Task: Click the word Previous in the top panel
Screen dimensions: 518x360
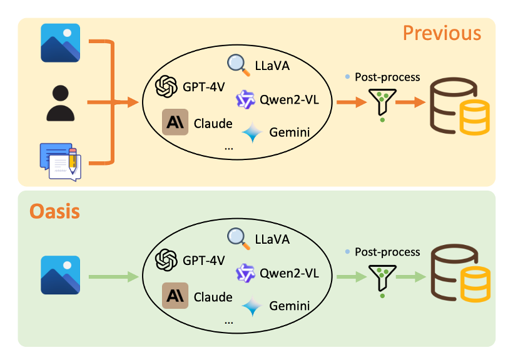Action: click(442, 33)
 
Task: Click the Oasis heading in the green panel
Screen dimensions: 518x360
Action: click(54, 211)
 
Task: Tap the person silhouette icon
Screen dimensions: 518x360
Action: click(61, 103)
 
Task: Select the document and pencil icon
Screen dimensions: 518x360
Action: click(61, 162)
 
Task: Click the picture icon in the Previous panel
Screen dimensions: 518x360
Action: click(61, 43)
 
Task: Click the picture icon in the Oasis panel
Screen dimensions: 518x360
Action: click(61, 275)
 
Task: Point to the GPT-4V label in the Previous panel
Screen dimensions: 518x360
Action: click(203, 87)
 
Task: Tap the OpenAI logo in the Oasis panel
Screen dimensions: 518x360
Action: click(166, 260)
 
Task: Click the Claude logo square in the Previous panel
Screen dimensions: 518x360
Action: click(175, 122)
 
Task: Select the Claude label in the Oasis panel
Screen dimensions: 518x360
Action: click(213, 297)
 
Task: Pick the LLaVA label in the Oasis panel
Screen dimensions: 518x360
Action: click(272, 239)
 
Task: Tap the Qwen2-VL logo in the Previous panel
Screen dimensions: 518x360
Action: click(245, 99)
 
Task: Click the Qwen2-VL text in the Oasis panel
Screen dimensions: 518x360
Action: click(289, 273)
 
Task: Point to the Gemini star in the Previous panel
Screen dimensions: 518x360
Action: click(252, 132)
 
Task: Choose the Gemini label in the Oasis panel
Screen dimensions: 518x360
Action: click(290, 306)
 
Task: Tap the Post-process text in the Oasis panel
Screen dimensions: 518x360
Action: click(387, 252)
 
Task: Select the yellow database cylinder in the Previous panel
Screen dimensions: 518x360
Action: click(475, 117)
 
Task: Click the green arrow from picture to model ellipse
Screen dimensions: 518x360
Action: click(114, 277)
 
